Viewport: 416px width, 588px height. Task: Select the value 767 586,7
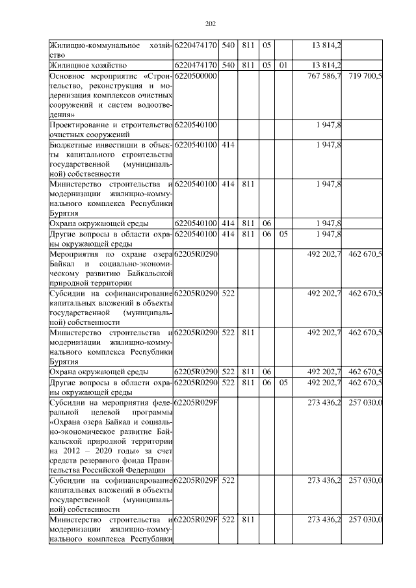[324, 76]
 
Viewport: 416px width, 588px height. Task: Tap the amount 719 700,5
[365, 76]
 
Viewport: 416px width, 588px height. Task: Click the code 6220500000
[196, 76]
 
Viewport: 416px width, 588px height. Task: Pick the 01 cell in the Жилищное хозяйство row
[283, 66]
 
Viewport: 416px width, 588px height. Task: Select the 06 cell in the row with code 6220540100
[266, 224]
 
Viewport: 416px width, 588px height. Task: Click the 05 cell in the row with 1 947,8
[283, 234]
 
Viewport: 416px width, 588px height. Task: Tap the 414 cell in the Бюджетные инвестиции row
[228, 144]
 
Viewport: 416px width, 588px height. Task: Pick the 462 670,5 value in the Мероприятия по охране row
[365, 253]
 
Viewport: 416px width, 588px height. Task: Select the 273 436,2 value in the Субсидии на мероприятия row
[324, 402]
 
